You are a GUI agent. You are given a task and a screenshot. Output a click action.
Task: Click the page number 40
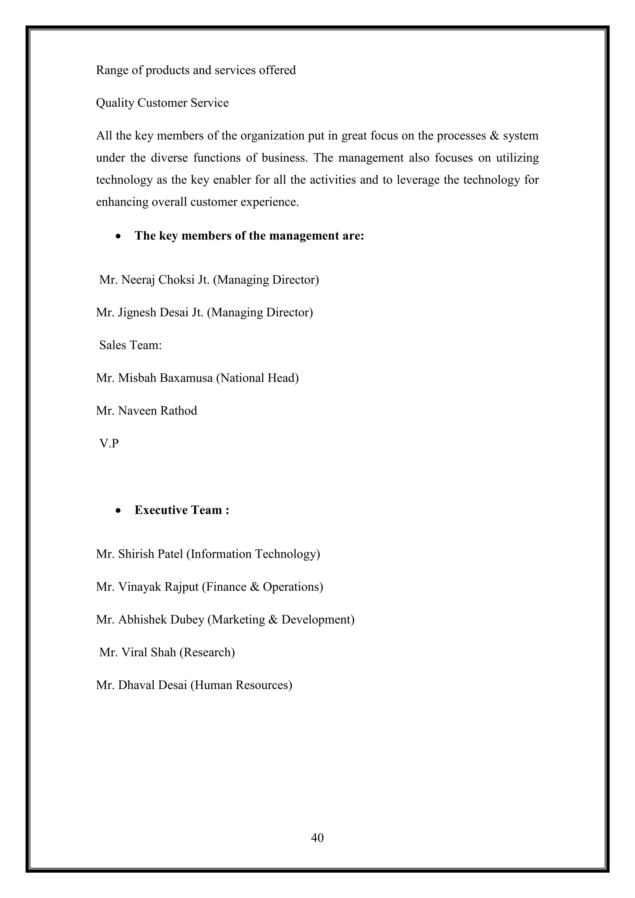(x=317, y=837)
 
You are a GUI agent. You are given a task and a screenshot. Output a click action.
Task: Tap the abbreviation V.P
(x=109, y=443)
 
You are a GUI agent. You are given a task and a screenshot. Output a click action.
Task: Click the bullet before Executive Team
(x=118, y=511)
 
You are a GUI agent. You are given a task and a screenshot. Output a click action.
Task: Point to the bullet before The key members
(x=118, y=237)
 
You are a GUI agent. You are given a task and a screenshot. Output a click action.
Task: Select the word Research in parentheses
(x=207, y=652)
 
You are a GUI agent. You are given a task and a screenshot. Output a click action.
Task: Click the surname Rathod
(x=178, y=411)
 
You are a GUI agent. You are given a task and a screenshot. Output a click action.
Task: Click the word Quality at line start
(x=115, y=103)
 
